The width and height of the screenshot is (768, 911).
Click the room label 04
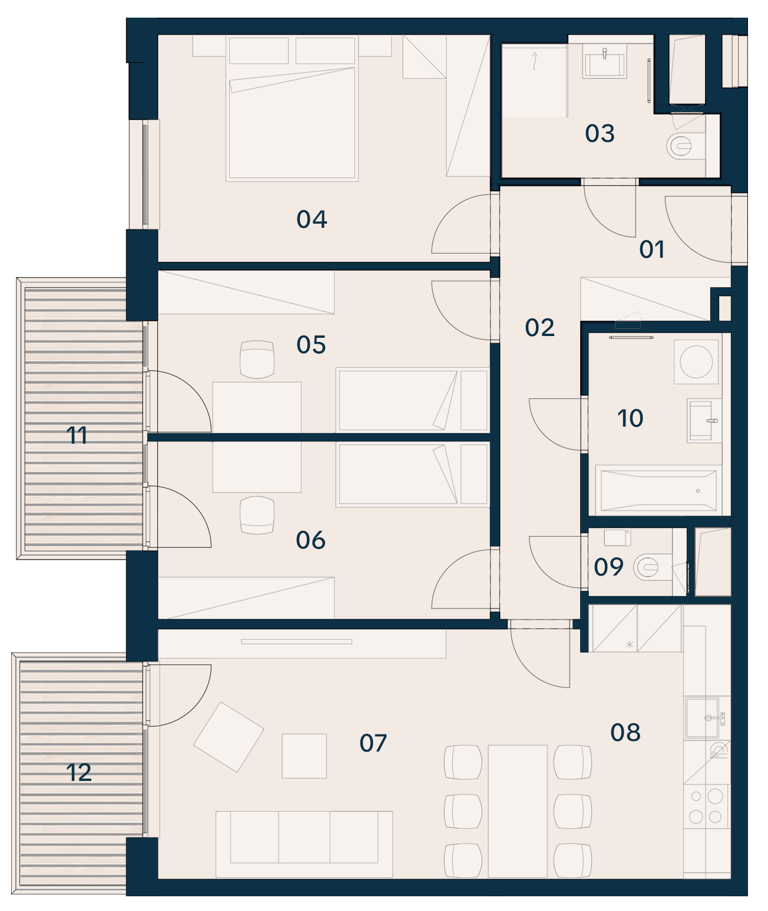[312, 219]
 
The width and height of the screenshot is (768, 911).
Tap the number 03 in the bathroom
[600, 134]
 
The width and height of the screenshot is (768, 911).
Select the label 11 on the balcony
[77, 435]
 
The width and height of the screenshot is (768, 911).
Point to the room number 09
[608, 567]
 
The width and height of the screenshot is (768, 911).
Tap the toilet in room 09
[653, 567]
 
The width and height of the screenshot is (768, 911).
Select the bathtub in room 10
[658, 490]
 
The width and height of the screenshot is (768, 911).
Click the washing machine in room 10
[696, 362]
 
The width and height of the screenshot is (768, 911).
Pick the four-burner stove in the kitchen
[706, 806]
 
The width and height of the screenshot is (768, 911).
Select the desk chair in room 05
[257, 359]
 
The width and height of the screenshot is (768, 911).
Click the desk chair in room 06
[257, 515]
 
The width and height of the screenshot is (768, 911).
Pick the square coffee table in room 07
[304, 756]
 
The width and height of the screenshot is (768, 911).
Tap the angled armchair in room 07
[229, 737]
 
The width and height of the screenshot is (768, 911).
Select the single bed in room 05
[413, 400]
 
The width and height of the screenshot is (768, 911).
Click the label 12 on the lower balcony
[78, 773]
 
